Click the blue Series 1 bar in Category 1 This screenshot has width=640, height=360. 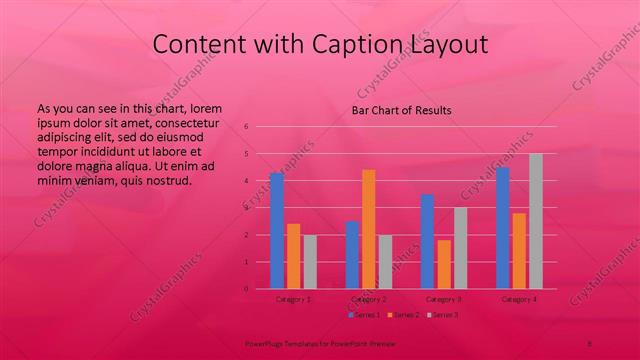277,231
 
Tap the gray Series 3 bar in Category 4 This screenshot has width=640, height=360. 536,221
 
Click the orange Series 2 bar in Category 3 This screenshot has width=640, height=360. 444,264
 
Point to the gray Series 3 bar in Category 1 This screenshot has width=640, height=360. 310,262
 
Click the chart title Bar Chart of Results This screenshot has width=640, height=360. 401,110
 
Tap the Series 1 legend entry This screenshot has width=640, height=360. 364,315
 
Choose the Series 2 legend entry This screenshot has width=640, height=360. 403,315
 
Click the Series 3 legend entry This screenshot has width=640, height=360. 442,315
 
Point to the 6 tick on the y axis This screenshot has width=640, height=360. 246,127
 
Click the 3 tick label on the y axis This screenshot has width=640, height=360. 246,208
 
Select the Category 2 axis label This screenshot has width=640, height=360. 369,299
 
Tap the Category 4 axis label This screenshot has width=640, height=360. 519,299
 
